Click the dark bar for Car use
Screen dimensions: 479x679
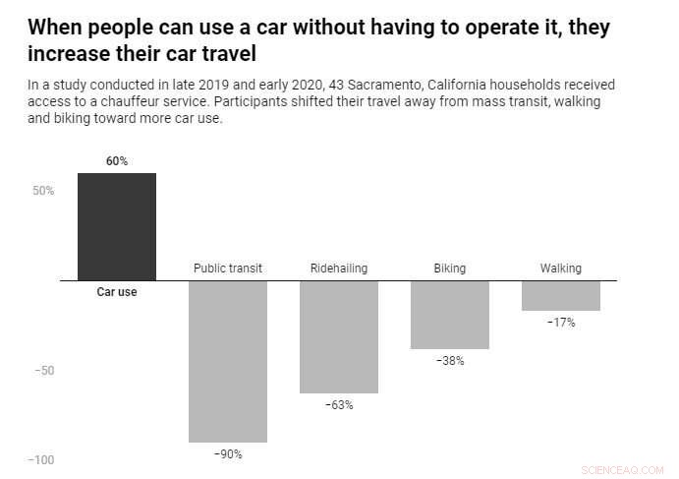pyautogui.click(x=116, y=226)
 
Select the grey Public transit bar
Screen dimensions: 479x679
pyautogui.click(x=228, y=361)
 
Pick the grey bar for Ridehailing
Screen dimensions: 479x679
pyautogui.click(x=338, y=336)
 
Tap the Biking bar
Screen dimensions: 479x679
pyautogui.click(x=449, y=315)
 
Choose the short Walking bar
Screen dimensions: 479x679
pyautogui.click(x=560, y=295)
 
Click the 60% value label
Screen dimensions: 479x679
pyautogui.click(x=117, y=161)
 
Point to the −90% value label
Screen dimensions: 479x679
pyautogui.click(x=228, y=454)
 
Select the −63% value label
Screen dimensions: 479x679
pyautogui.click(x=338, y=405)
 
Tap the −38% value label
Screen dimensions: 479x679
pyautogui.click(x=449, y=361)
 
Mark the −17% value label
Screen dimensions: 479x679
pyautogui.click(x=560, y=323)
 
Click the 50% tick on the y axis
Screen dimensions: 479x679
pyautogui.click(x=43, y=191)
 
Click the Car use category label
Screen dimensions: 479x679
pyautogui.click(x=117, y=292)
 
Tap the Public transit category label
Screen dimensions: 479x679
pyautogui.click(x=228, y=269)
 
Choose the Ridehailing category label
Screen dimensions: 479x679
pyautogui.click(x=338, y=269)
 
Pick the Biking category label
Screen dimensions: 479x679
pyautogui.click(x=449, y=269)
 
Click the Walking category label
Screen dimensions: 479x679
pyautogui.click(x=560, y=269)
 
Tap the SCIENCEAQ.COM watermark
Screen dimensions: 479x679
pyautogui.click(x=622, y=470)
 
